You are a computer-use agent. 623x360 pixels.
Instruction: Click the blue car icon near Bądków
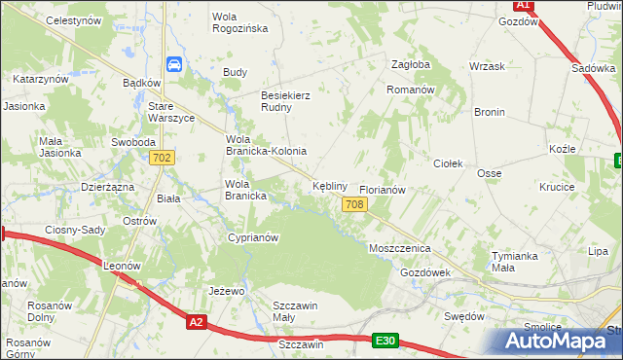pyautogui.click(x=173, y=64)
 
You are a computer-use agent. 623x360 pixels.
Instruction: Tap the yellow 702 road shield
pyautogui.click(x=162, y=158)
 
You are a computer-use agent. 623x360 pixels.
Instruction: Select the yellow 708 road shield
pyautogui.click(x=354, y=203)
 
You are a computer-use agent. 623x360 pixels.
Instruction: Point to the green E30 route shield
pyautogui.click(x=385, y=340)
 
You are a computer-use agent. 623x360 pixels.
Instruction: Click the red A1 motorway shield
pyautogui.click(x=524, y=5)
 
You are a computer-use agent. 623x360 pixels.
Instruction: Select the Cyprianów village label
pyautogui.click(x=253, y=237)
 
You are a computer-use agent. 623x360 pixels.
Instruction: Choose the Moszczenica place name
pyautogui.click(x=399, y=248)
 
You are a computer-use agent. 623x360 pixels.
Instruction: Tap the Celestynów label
pyautogui.click(x=47, y=19)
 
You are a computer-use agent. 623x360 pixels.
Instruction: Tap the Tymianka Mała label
pyautogui.click(x=515, y=262)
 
